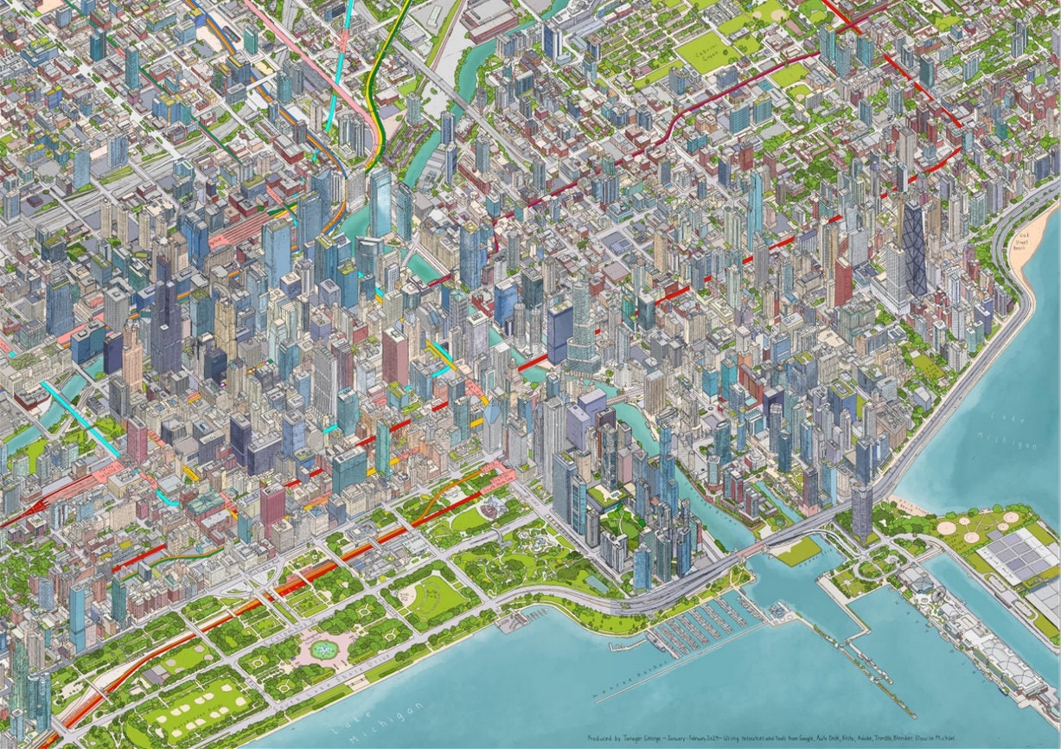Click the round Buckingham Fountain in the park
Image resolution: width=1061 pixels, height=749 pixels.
pyautogui.click(x=324, y=650)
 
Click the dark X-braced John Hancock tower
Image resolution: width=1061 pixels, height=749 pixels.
pyautogui.click(x=913, y=246)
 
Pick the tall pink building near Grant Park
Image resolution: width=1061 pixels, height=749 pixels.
pyautogui.click(x=272, y=506)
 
